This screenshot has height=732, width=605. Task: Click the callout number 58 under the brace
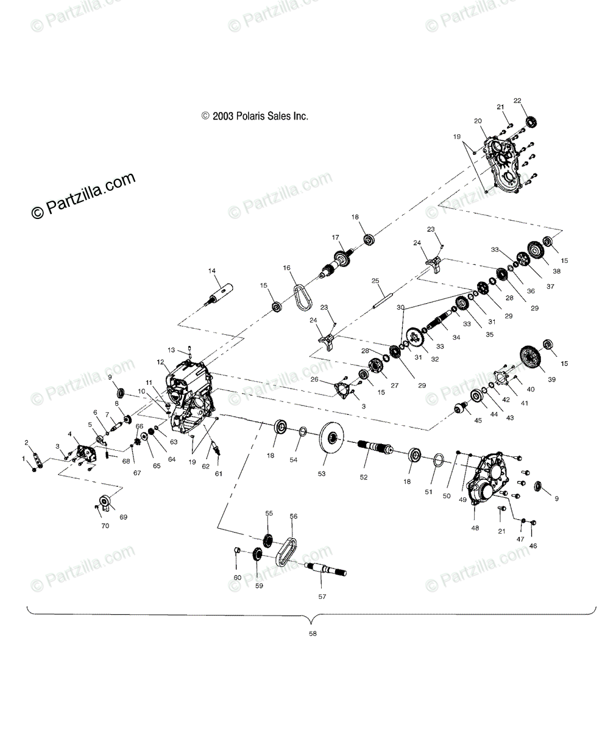[x=313, y=634]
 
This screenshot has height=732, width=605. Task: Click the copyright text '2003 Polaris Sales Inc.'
[x=255, y=116]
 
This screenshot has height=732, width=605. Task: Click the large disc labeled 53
[x=331, y=438]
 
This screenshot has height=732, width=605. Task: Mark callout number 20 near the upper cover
[x=478, y=121]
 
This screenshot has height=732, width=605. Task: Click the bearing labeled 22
[x=532, y=121]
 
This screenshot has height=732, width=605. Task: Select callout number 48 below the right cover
[x=474, y=528]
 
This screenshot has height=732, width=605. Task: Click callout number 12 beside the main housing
[x=160, y=362]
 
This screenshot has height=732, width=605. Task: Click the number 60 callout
[x=238, y=577]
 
